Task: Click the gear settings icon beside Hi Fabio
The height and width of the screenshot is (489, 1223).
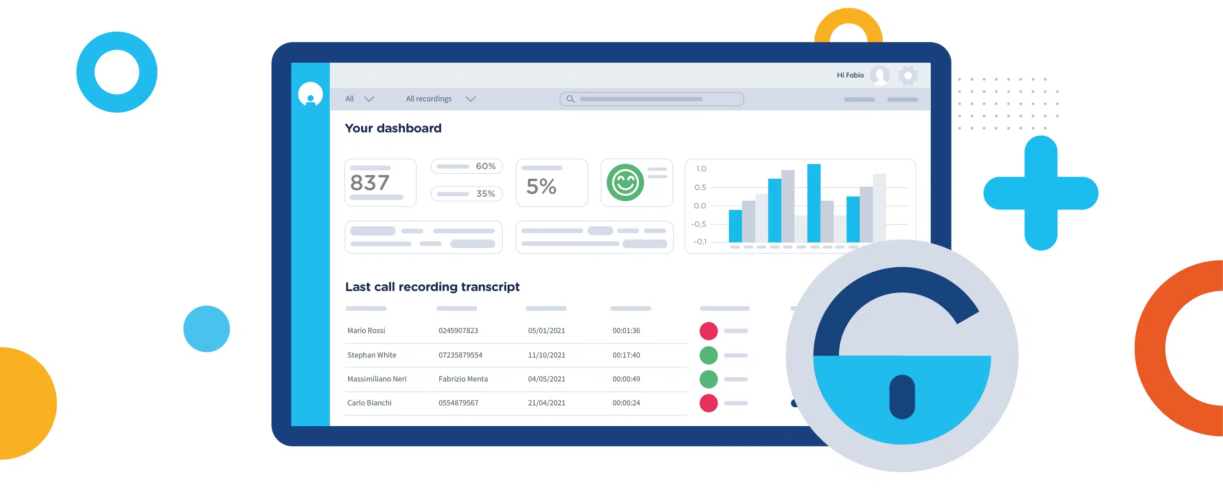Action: (908, 76)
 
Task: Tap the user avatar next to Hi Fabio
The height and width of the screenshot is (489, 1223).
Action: (879, 76)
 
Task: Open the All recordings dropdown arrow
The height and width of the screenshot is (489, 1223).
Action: (470, 99)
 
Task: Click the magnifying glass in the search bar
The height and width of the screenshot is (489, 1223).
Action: (570, 99)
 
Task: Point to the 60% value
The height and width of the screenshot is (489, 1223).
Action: (485, 166)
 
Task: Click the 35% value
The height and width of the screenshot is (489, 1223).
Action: (485, 193)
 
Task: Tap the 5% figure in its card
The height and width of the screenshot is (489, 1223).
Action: (541, 187)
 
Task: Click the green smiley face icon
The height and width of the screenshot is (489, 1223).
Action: (625, 182)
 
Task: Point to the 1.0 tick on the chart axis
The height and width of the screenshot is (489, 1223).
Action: (701, 169)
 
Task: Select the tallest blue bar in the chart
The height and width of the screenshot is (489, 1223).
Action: (813, 203)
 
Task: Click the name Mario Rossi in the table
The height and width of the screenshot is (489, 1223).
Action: (365, 330)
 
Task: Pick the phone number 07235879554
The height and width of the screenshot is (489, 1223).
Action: (460, 355)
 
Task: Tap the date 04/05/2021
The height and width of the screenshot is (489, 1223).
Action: (546, 379)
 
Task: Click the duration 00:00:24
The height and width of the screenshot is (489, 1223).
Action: (626, 403)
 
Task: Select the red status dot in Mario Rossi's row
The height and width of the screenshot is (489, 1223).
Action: (708, 331)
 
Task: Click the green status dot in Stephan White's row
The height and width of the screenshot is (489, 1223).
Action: (708, 355)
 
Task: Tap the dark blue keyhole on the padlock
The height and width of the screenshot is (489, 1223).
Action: (902, 397)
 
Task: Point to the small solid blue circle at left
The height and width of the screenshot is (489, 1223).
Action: (206, 329)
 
